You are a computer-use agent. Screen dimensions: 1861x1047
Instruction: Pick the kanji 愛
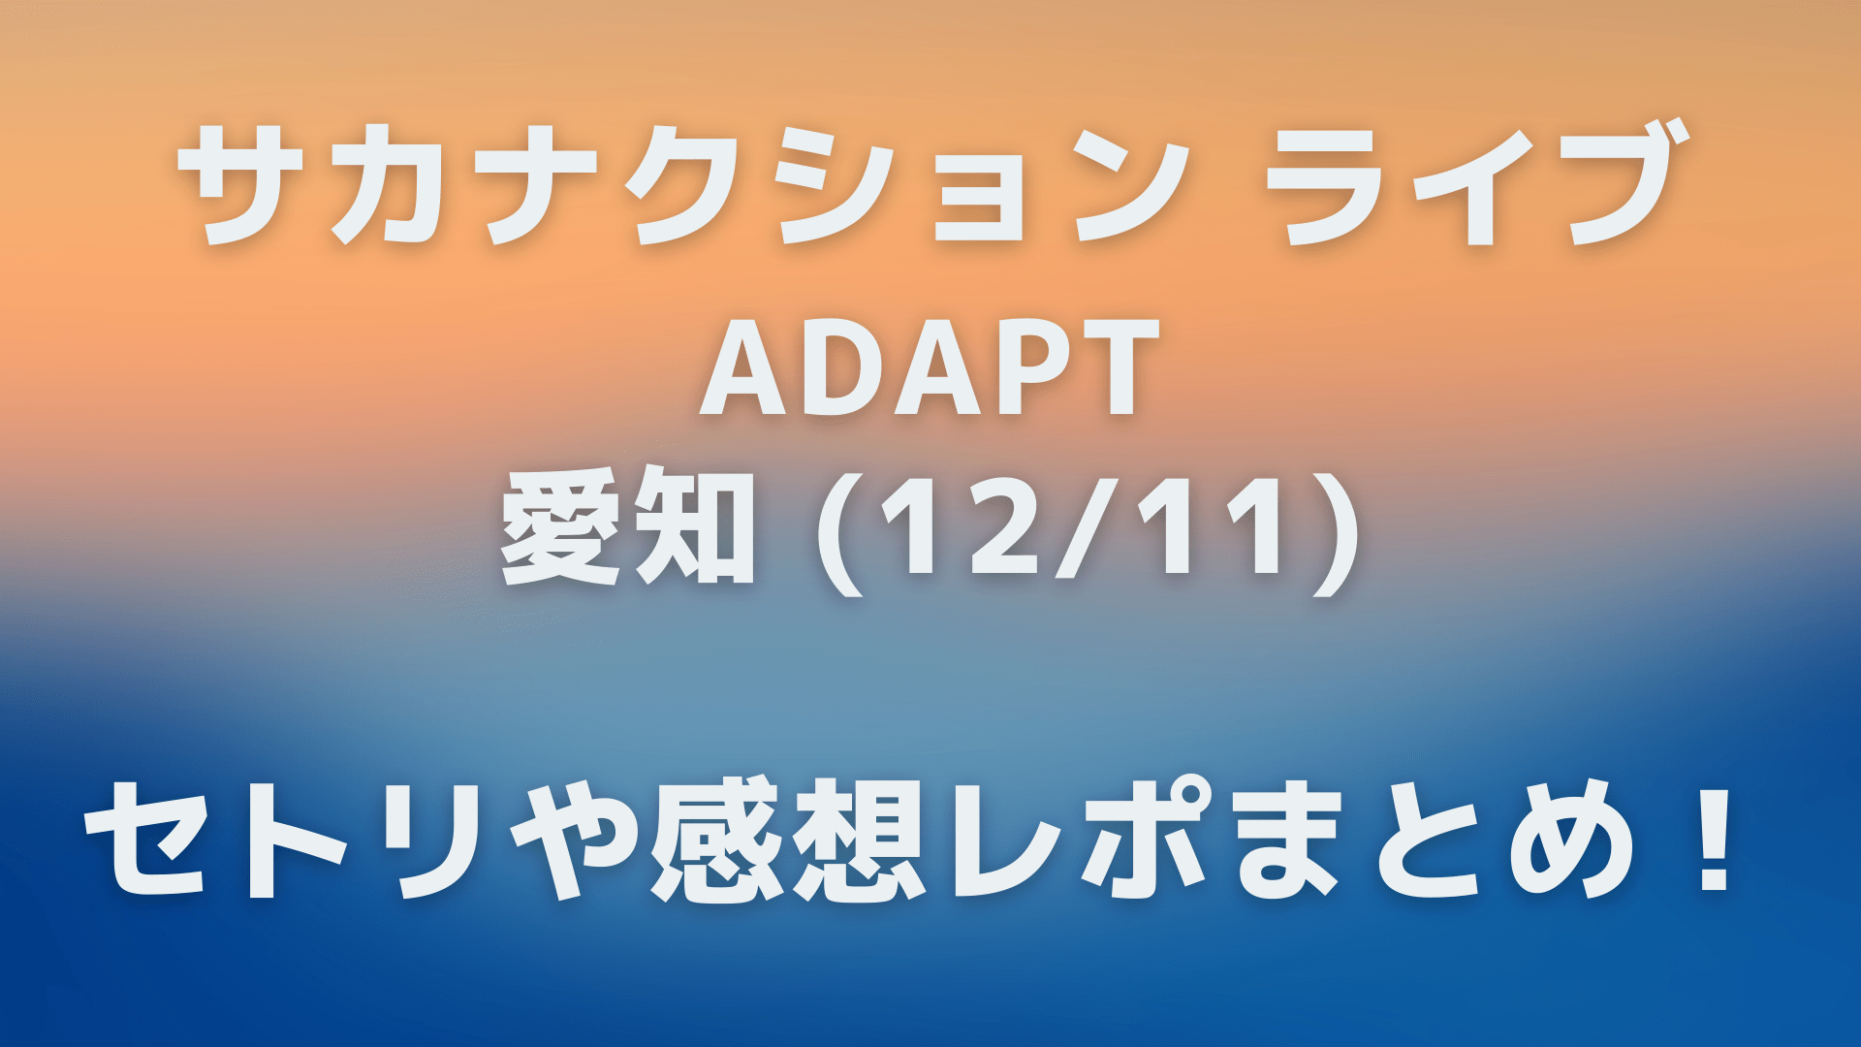tap(560, 529)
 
